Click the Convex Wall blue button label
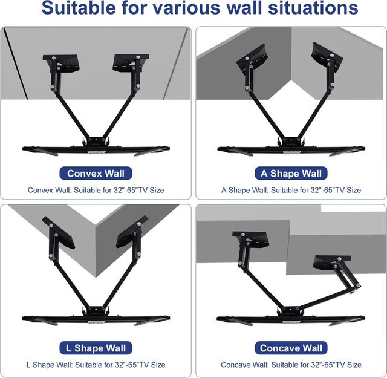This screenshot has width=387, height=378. [x=96, y=174]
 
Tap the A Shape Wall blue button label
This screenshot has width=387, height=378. [x=291, y=174]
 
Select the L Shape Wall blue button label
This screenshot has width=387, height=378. [x=96, y=348]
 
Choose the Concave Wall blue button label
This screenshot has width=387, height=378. [x=291, y=348]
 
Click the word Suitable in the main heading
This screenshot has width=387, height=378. [x=79, y=8]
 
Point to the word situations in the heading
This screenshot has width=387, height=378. [x=313, y=8]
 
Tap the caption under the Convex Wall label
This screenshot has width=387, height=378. [x=96, y=190]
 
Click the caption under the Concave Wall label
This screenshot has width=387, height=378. [x=291, y=365]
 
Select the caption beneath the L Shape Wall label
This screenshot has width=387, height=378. [x=96, y=365]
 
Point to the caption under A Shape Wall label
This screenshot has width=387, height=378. [x=291, y=190]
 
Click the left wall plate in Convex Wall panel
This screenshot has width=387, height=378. [x=62, y=64]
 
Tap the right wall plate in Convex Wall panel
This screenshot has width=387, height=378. [x=131, y=64]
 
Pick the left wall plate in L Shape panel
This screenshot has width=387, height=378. [x=59, y=233]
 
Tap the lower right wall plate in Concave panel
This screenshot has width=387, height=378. [x=331, y=262]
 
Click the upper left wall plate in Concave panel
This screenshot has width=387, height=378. [x=250, y=239]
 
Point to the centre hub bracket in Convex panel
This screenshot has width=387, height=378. [x=96, y=142]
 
